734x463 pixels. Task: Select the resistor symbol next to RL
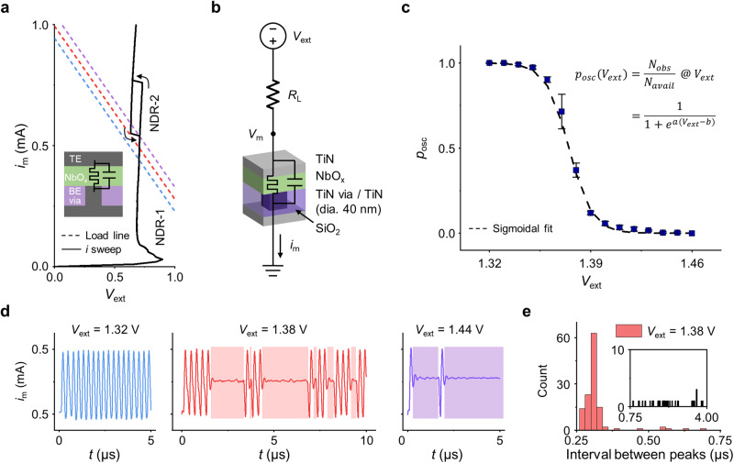275,93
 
